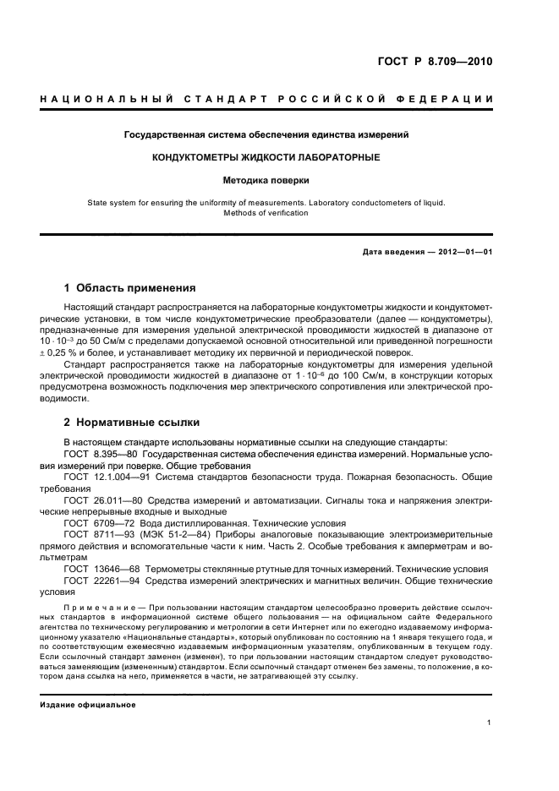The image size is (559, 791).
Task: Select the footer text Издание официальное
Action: tap(88, 704)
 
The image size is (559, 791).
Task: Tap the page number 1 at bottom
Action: tap(490, 723)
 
